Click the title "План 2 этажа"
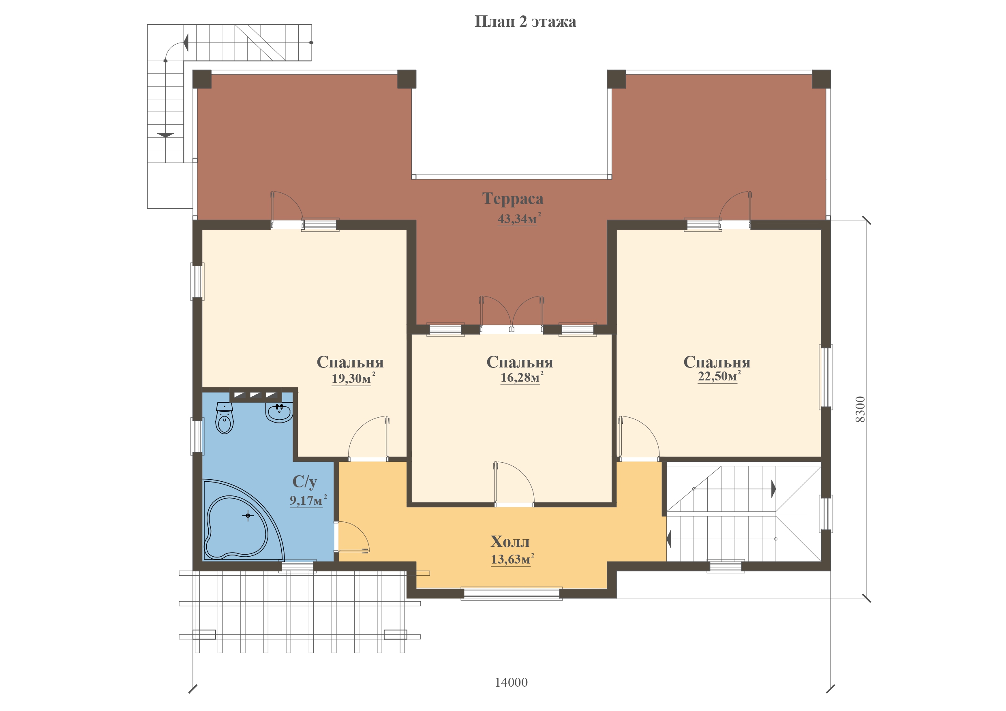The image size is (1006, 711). (x=525, y=21)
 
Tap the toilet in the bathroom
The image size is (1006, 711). (x=224, y=418)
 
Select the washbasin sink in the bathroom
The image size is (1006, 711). (x=279, y=412)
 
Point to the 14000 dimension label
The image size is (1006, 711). (x=512, y=682)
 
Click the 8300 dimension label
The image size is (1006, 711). (x=860, y=409)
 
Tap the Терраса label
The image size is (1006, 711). (x=513, y=199)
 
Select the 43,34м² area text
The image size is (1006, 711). (x=519, y=218)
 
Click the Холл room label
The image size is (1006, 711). (x=510, y=542)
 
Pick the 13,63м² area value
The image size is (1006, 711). (x=513, y=559)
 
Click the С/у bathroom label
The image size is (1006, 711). (x=304, y=481)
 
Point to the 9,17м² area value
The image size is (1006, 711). (x=308, y=500)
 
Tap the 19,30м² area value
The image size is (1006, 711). (x=353, y=378)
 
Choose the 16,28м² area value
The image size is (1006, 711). (x=522, y=377)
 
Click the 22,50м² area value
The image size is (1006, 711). (x=719, y=376)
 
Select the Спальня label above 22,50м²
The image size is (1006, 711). (x=717, y=362)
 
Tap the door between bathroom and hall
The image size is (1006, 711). (x=352, y=536)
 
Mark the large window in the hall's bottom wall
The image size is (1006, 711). (x=512, y=594)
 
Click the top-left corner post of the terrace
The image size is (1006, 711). (x=202, y=79)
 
